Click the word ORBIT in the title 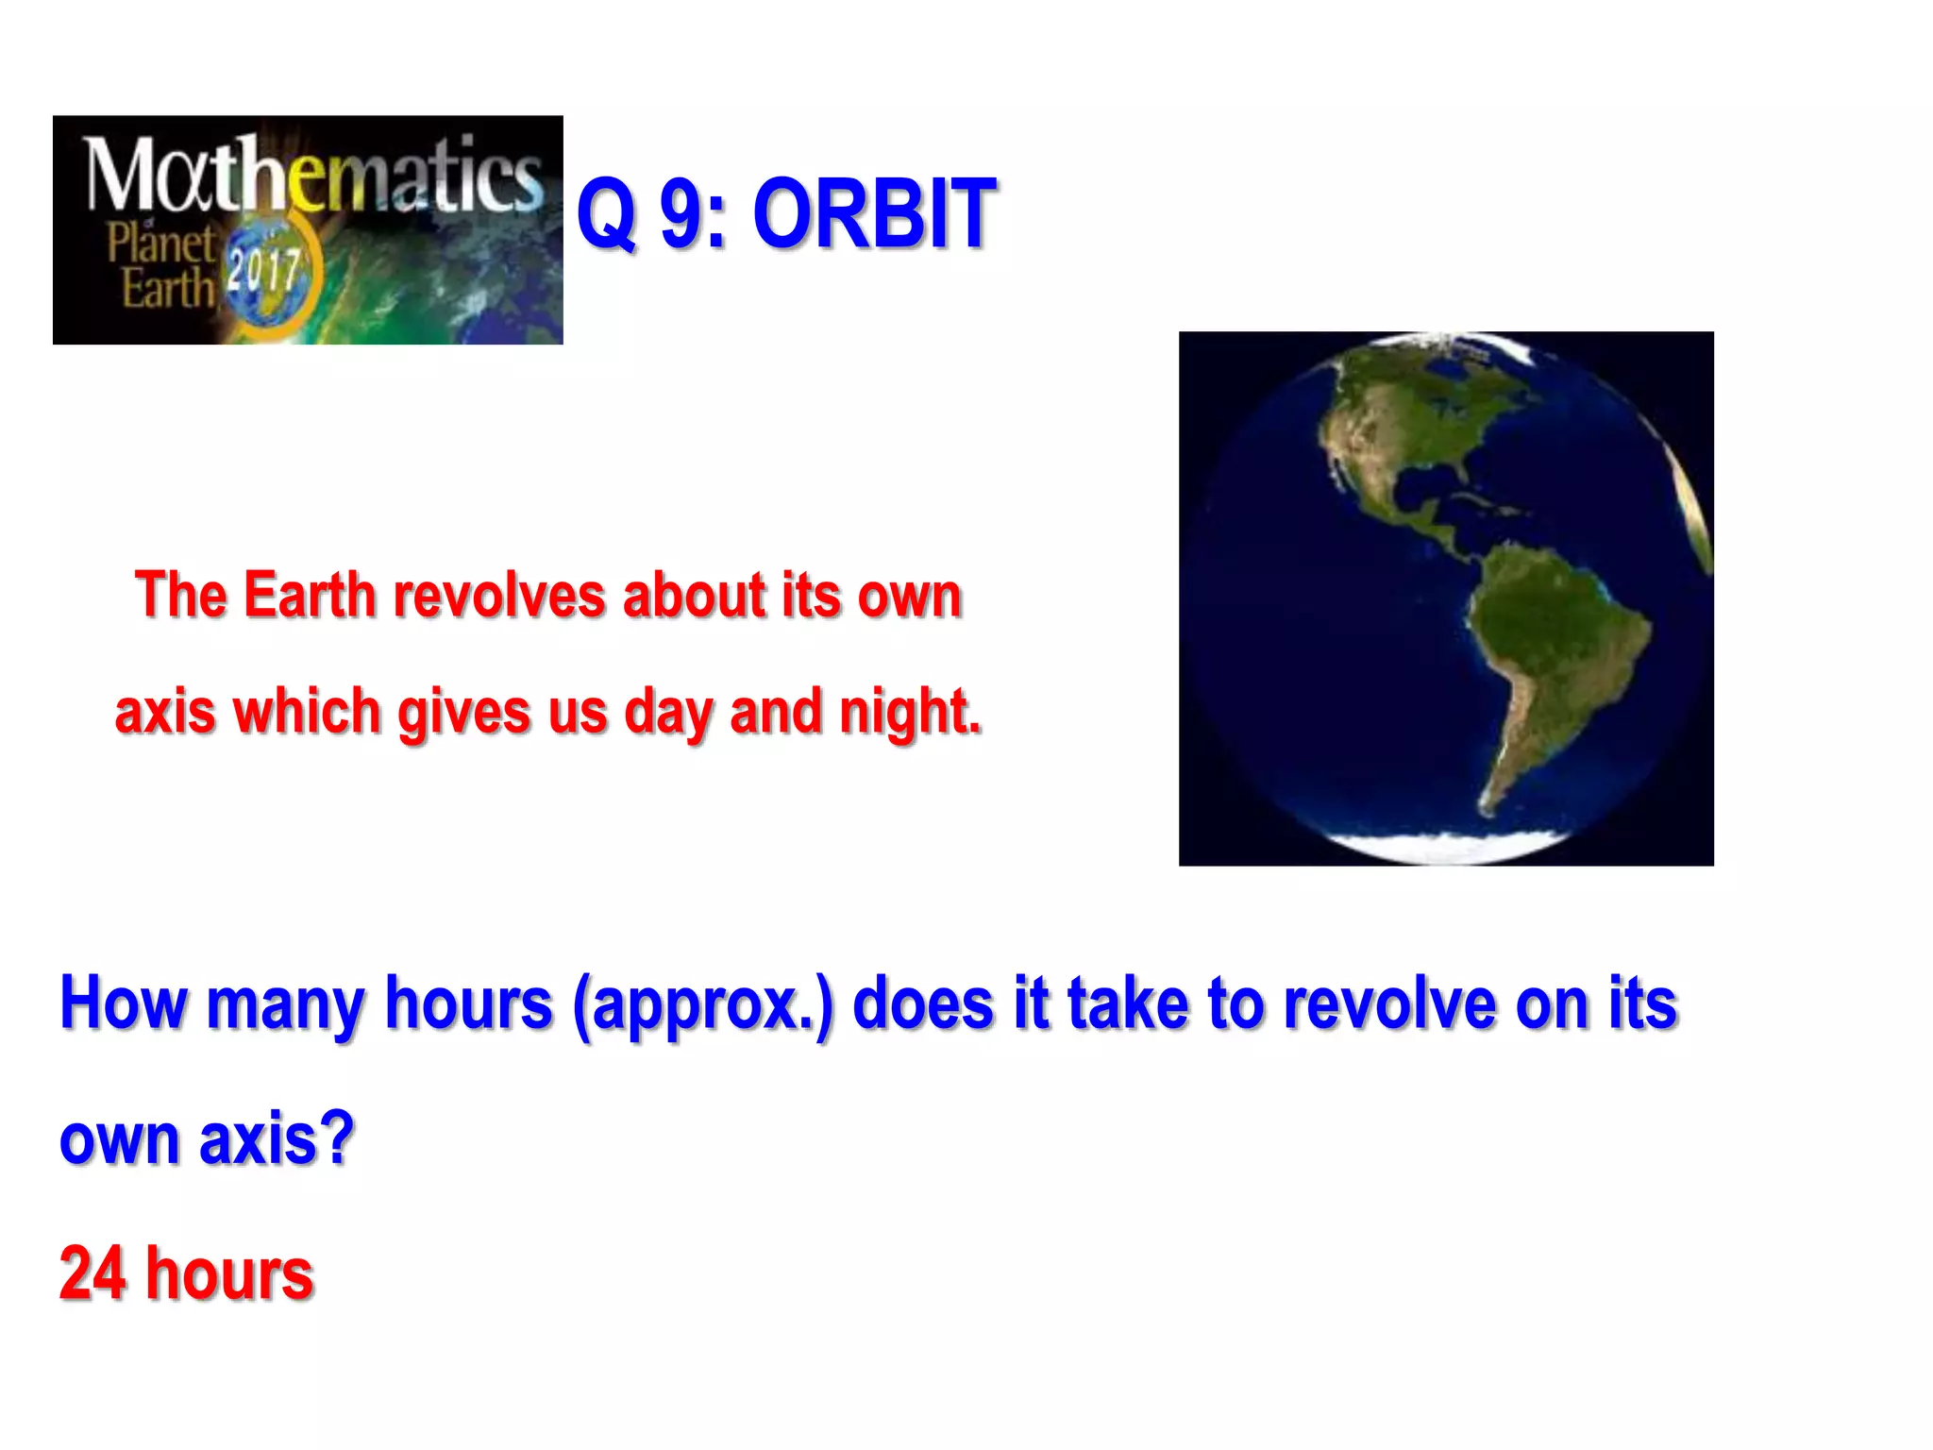[x=874, y=215]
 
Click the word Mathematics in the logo [x=313, y=175]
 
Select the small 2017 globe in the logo [x=267, y=273]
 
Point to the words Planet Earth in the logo [x=161, y=265]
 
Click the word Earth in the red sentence [x=310, y=597]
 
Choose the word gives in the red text [x=463, y=712]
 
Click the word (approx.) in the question [x=703, y=1004]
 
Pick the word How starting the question [x=124, y=1003]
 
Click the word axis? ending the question [x=277, y=1138]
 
